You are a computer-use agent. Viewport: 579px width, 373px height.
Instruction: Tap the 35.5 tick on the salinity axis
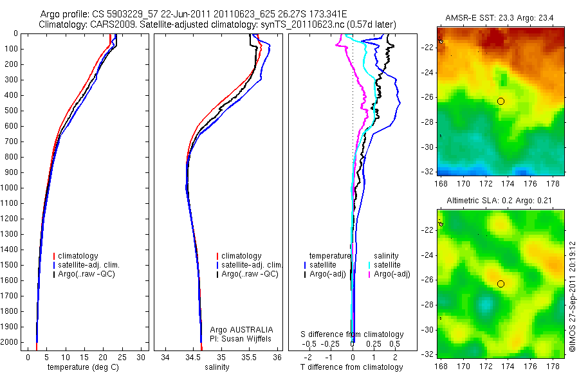(250, 357)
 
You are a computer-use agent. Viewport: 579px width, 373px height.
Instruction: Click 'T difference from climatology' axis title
(351, 367)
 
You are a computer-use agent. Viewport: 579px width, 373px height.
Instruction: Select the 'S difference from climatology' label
(353, 334)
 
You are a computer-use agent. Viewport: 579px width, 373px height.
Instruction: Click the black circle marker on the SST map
(501, 101)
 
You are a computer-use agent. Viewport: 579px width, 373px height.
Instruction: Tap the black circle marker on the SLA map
(501, 284)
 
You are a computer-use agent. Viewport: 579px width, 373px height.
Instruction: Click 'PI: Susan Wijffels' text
(241, 338)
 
